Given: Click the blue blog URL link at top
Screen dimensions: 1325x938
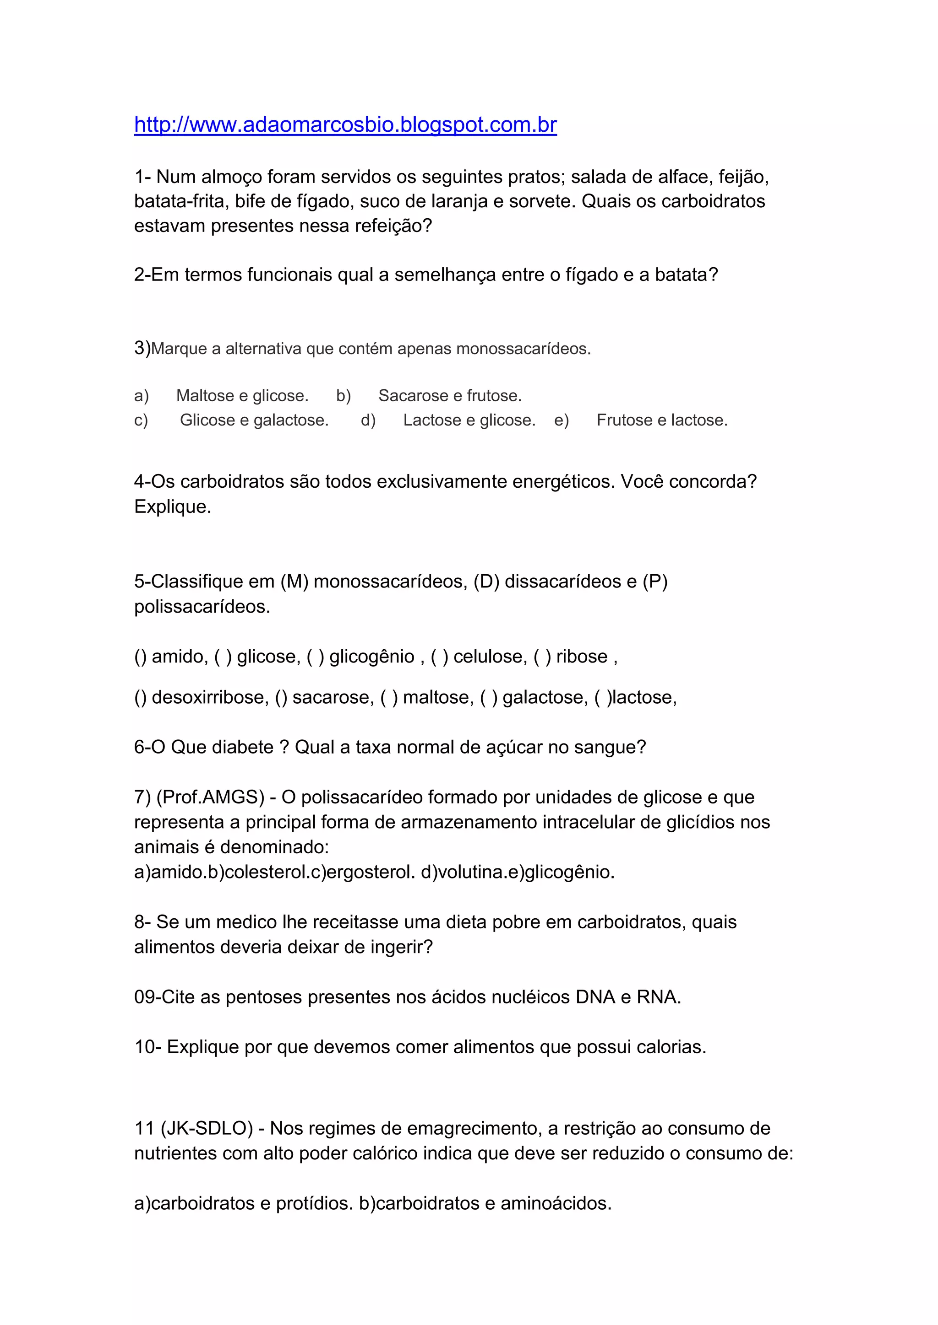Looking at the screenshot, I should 345,124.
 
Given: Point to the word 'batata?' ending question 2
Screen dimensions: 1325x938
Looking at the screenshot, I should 686,275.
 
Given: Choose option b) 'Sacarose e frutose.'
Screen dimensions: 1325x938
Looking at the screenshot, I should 450,396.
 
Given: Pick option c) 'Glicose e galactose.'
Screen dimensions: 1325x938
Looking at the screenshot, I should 254,420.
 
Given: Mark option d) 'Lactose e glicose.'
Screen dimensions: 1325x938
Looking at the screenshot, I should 469,420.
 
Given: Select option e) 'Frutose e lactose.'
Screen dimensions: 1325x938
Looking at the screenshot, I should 662,420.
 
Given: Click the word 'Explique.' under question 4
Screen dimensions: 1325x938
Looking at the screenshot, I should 173,506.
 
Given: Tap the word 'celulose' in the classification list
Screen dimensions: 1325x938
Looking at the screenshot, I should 490,657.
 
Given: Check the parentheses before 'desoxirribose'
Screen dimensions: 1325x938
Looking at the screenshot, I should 140,698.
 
